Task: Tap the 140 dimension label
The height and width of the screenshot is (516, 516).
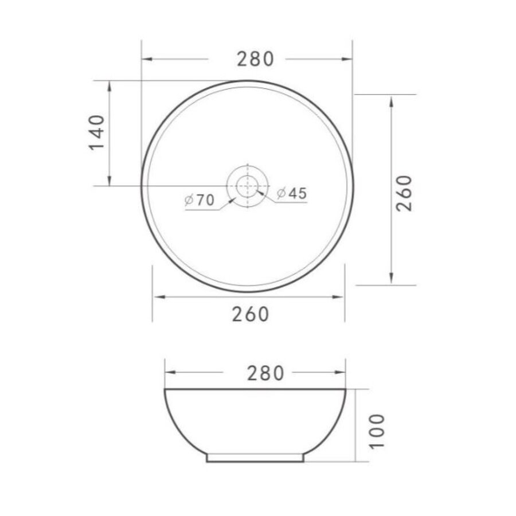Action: click(x=97, y=132)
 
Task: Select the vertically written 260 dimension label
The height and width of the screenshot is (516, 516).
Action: click(x=405, y=193)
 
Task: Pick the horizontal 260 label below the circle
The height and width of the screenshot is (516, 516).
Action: click(x=251, y=314)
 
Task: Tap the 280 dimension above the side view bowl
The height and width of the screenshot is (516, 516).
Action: click(x=265, y=373)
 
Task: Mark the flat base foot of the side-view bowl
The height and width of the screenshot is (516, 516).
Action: click(x=255, y=458)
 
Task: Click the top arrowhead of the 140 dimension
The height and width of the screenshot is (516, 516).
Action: click(x=109, y=85)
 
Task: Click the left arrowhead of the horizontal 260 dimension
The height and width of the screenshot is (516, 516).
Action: click(x=157, y=296)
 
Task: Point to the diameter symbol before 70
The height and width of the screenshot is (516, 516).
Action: click(x=189, y=200)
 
